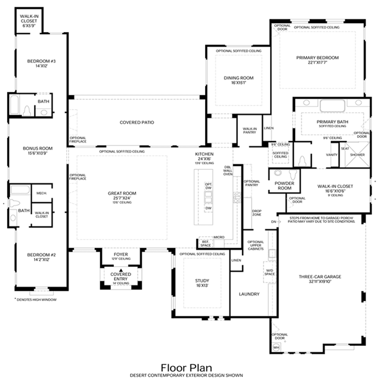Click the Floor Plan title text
point(190,367)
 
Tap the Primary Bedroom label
point(317,58)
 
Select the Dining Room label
point(238,78)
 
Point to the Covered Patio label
point(137,122)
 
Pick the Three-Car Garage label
point(320,276)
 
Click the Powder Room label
point(284,185)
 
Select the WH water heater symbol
point(276,346)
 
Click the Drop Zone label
point(257,212)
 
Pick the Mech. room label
point(41,193)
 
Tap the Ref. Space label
point(206,243)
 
